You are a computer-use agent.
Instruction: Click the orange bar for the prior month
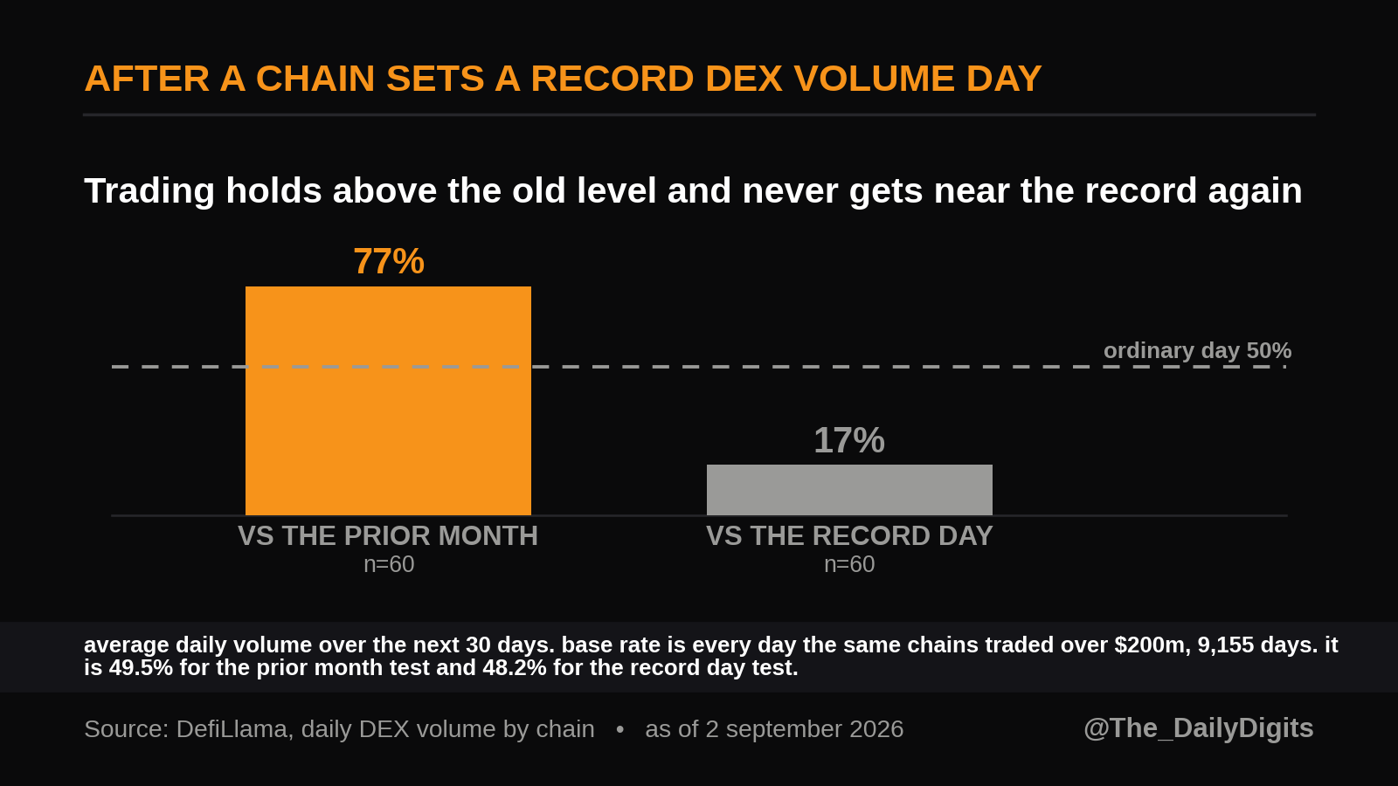[388, 401]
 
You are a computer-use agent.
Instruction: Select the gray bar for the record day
[849, 490]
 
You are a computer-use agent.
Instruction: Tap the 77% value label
[389, 261]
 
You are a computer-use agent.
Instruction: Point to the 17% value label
[849, 440]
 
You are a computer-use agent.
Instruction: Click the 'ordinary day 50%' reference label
[1197, 350]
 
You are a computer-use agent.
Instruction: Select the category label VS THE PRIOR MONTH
[388, 536]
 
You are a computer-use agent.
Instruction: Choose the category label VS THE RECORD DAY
[849, 536]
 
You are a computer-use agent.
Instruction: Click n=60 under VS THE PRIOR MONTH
[389, 564]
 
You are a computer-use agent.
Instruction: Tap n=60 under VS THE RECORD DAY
[849, 564]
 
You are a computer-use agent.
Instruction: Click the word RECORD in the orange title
[612, 79]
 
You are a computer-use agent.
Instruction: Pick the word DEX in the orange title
[744, 79]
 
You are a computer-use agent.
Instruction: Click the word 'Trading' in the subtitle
[149, 191]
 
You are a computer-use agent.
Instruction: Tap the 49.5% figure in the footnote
[141, 668]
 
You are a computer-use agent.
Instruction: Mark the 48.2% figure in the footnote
[515, 668]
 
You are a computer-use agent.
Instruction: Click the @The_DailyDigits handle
[1198, 728]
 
